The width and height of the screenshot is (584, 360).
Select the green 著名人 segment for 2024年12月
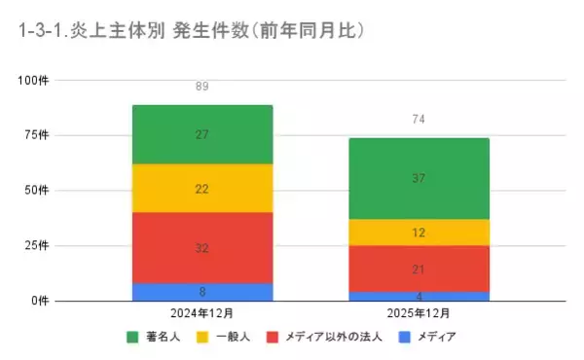[202, 134]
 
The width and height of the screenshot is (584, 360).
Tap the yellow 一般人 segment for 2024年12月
[202, 189]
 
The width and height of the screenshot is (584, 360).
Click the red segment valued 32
[202, 248]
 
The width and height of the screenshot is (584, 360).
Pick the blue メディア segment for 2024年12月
[202, 291]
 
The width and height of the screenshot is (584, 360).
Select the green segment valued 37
[420, 179]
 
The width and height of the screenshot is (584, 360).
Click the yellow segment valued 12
[420, 233]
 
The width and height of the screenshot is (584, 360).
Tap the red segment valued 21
[420, 269]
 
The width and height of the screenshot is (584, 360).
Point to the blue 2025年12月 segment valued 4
[420, 296]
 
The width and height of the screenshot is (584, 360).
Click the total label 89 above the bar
[202, 87]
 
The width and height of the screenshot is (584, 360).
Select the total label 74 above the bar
[420, 120]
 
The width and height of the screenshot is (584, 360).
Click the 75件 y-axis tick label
[36, 134]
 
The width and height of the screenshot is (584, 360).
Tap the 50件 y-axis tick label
[36, 190]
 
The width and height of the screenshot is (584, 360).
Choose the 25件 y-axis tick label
[36, 245]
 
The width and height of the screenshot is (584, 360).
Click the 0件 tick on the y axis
[39, 301]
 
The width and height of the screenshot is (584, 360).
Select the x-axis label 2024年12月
[202, 313]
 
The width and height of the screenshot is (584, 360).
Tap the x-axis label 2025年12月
[420, 313]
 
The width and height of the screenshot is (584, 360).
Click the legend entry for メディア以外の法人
[330, 338]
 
